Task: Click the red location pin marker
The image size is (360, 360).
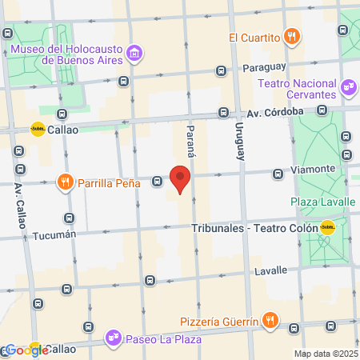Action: pyautogui.click(x=182, y=179)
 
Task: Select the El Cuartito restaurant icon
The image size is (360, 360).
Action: pyautogui.click(x=293, y=36)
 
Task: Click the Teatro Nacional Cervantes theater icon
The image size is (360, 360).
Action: pyautogui.click(x=348, y=86)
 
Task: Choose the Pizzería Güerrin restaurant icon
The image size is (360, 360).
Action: pyautogui.click(x=272, y=321)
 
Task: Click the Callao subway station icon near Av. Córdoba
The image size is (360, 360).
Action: pyautogui.click(x=38, y=128)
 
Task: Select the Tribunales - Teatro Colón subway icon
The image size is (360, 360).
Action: pyautogui.click(x=326, y=226)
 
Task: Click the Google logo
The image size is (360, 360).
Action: pyautogui.click(x=26, y=350)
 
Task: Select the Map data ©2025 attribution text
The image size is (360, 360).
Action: pyautogui.click(x=325, y=353)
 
